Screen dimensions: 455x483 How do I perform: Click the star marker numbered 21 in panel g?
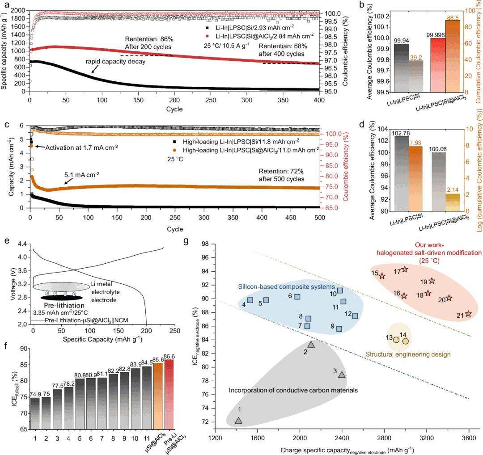coord(468,314)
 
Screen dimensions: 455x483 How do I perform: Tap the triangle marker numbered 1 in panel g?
coord(238,420)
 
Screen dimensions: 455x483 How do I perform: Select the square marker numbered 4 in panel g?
coord(250,300)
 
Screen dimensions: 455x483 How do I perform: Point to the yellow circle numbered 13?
coord(396,340)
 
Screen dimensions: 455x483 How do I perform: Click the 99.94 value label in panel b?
coord(401,40)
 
